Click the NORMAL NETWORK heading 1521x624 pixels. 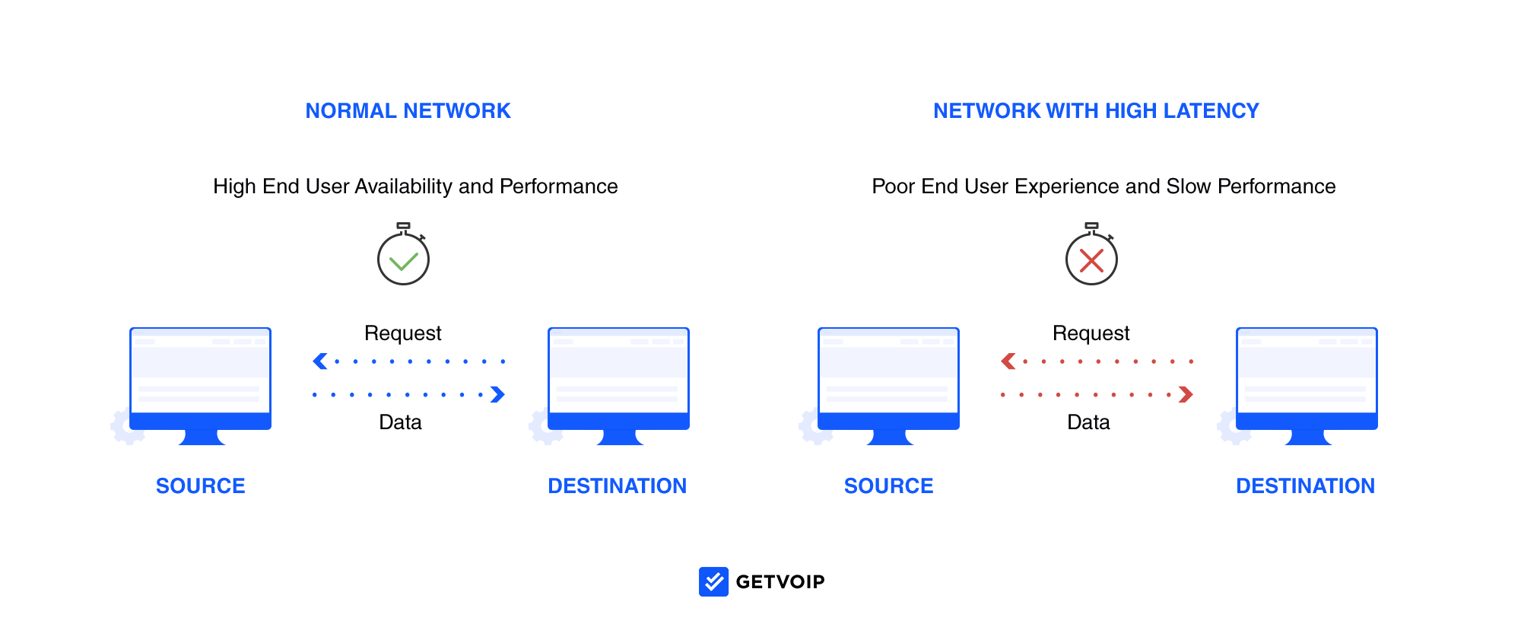click(x=408, y=111)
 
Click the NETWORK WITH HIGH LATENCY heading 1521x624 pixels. click(x=1096, y=111)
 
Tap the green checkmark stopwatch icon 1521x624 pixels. click(x=403, y=259)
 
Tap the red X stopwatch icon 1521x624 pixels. click(x=1091, y=259)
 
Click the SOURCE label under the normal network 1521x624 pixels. click(x=200, y=486)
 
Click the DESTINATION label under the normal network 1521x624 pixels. click(x=617, y=486)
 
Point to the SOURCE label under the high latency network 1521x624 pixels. click(x=888, y=486)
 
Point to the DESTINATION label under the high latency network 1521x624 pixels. click(x=1305, y=486)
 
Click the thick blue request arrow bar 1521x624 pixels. click(x=433, y=358)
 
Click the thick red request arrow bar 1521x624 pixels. click(x=1122, y=358)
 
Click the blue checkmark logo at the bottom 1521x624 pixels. click(x=714, y=581)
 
